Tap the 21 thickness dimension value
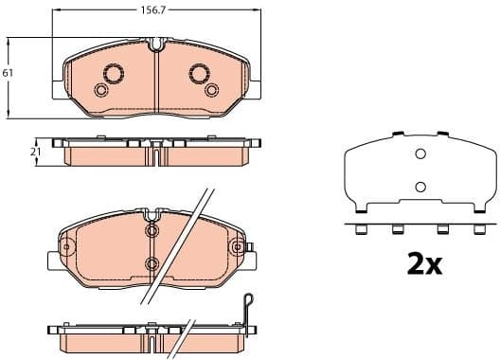36,152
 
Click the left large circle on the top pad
114,72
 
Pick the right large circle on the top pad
199,72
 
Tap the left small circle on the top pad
100,90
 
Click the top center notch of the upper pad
157,43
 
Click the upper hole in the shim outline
420,157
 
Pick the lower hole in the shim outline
420,186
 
